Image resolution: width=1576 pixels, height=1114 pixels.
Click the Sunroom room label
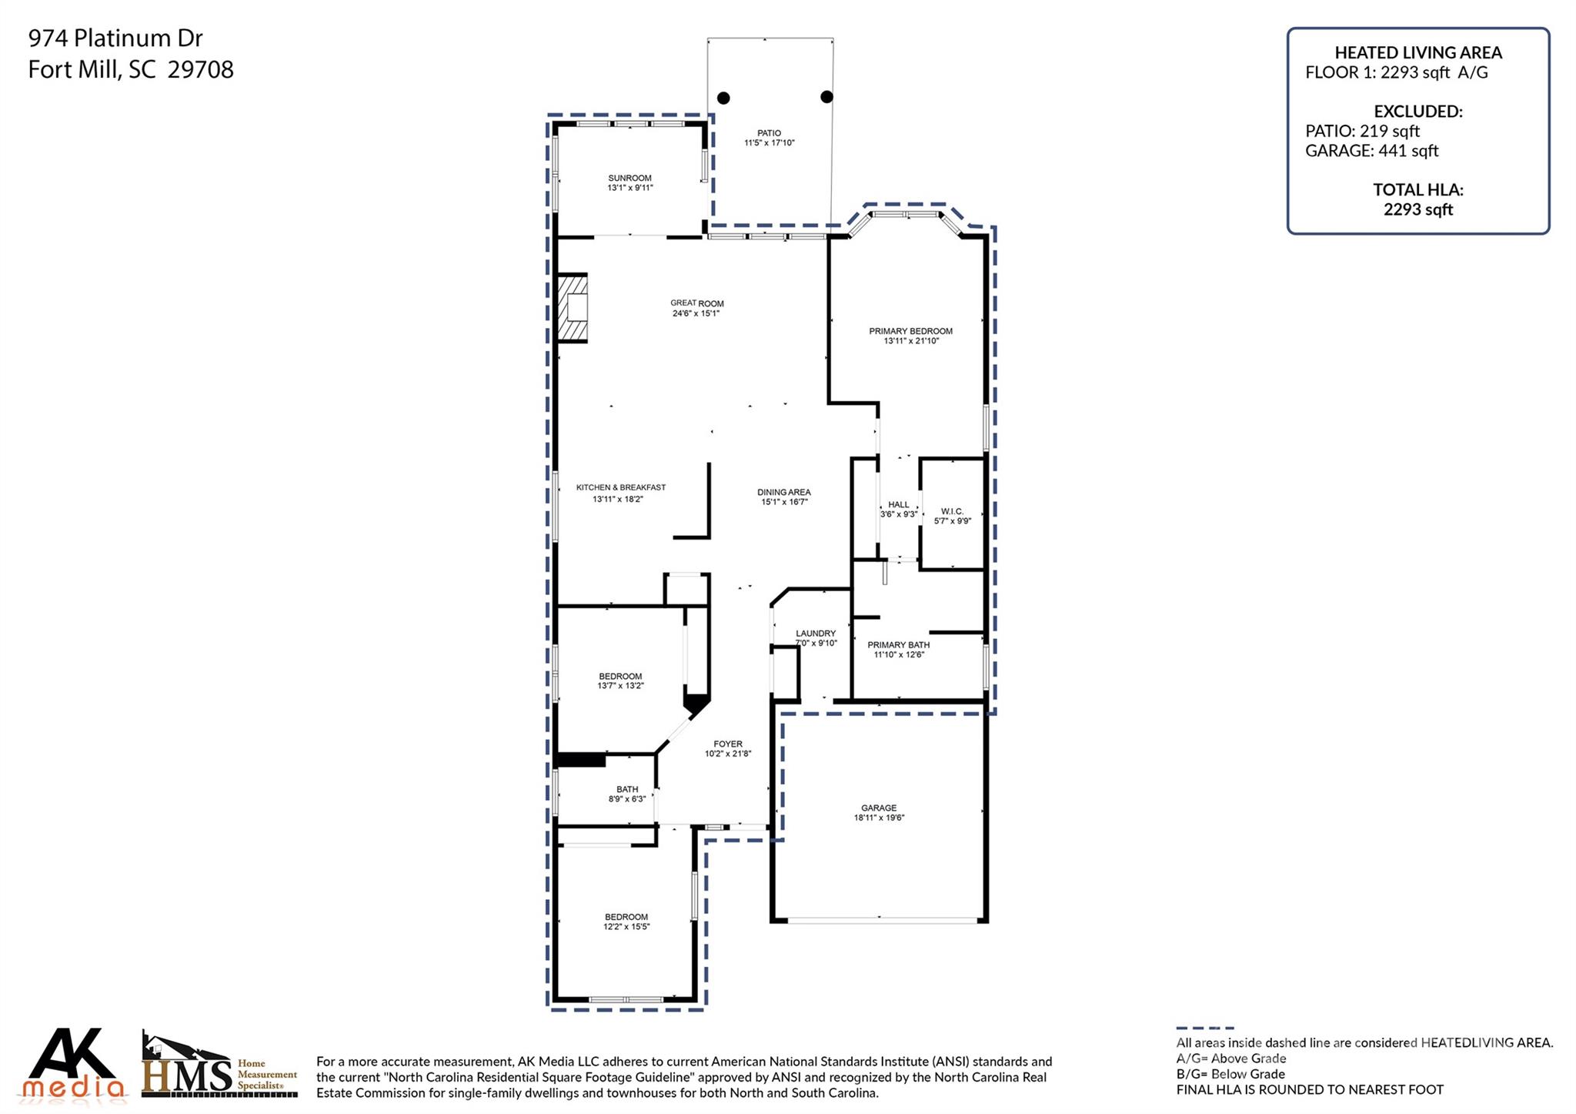point(629,178)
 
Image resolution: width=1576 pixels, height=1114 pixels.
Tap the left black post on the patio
point(723,98)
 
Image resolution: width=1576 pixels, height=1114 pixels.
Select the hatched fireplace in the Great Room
point(573,307)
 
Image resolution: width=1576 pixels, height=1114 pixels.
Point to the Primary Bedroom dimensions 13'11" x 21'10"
point(910,341)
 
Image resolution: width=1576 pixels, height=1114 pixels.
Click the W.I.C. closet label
point(952,511)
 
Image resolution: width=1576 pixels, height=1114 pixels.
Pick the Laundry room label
point(815,633)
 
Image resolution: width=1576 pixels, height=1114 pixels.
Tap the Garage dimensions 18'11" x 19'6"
point(879,818)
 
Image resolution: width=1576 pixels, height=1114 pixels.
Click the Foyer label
point(727,744)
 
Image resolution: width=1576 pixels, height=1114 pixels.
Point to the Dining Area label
point(783,492)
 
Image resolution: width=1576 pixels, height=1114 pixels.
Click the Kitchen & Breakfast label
point(620,487)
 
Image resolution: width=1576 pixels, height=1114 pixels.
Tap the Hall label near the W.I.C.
point(898,504)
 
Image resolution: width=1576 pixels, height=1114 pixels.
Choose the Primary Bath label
point(898,644)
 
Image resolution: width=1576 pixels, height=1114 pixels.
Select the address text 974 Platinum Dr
point(115,38)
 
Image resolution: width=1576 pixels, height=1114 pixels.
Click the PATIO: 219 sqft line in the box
point(1362,131)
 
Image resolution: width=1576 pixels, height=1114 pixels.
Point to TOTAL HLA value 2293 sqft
point(1417,209)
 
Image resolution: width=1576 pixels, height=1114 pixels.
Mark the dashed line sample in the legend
point(1204,1028)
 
